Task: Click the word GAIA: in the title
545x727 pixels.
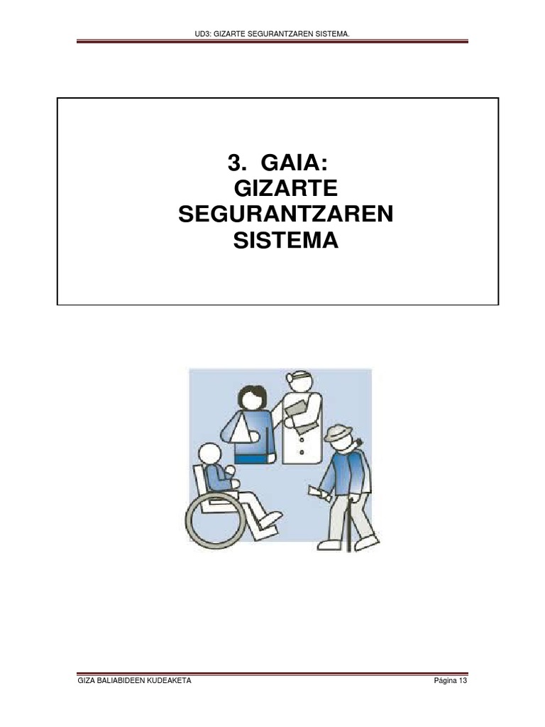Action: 294,163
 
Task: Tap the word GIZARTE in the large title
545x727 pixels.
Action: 285,190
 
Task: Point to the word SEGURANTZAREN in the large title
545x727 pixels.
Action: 285,215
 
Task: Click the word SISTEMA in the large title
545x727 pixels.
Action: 285,241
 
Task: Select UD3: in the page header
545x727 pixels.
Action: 208,34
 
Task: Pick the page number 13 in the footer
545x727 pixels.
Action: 463,681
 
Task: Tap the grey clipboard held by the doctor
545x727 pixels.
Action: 299,412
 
